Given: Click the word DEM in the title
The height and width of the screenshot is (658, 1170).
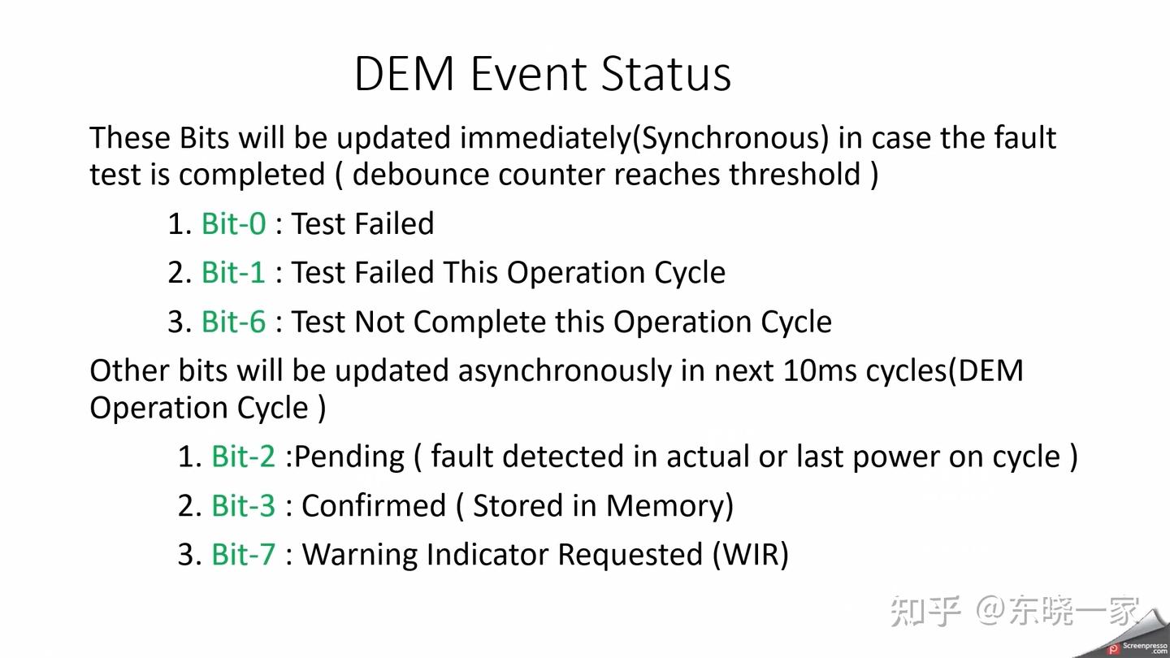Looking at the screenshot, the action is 405,74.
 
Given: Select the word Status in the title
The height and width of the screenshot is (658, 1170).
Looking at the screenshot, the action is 666,74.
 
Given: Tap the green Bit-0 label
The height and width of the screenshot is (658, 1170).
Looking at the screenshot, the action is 234,223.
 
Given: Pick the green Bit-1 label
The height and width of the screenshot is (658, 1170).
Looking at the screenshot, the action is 234,273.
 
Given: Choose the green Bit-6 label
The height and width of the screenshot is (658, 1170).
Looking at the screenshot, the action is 234,322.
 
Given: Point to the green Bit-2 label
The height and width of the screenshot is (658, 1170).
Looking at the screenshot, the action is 244,457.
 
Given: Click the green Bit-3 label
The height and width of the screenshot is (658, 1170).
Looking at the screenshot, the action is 244,505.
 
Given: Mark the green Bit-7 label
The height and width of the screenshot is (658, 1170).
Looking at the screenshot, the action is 244,554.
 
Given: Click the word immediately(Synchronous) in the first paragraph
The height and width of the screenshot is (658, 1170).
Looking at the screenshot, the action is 644,139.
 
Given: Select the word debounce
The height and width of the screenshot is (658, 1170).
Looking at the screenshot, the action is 421,174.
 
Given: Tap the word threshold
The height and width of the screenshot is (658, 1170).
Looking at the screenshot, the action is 795,174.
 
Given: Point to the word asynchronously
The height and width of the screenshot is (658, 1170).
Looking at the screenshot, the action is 565,372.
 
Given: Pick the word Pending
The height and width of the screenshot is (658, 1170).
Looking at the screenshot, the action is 349,457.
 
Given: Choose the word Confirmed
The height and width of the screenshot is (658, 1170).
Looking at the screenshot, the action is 374,505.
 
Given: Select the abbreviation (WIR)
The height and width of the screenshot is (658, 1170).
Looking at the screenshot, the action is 751,555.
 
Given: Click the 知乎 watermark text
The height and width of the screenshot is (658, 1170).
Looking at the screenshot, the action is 925,611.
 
